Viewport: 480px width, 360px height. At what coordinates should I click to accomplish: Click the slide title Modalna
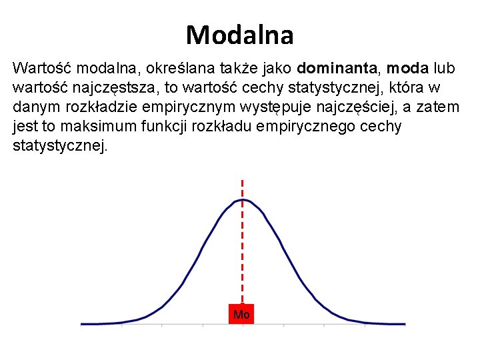pyautogui.click(x=240, y=35)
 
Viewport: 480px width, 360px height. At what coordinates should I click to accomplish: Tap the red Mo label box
pyautogui.click(x=241, y=314)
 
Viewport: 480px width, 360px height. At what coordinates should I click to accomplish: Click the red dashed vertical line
pyautogui.click(x=242, y=253)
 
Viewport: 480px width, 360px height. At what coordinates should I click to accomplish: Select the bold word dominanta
pyautogui.click(x=339, y=68)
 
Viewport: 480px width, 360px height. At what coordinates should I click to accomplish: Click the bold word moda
pyautogui.click(x=407, y=68)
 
